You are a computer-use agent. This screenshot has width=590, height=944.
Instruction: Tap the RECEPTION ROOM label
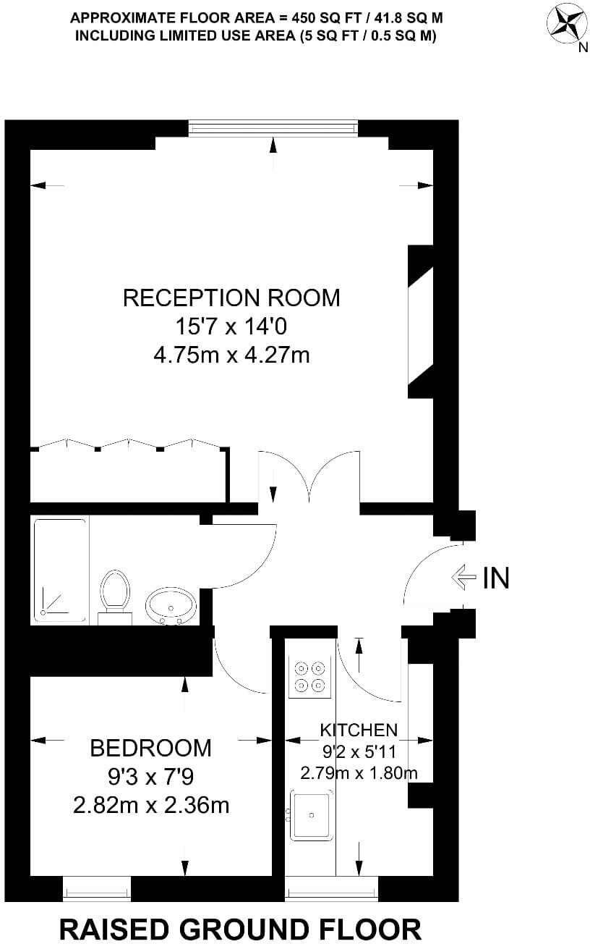[x=231, y=298]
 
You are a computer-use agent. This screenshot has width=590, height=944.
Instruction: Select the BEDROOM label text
[x=151, y=748]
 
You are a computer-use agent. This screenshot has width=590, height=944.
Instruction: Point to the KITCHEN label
[x=359, y=729]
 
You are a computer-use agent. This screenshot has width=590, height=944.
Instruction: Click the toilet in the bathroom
[x=115, y=593]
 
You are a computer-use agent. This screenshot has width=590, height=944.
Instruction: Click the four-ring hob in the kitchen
[x=309, y=676]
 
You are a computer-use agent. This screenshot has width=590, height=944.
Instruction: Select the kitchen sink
[x=312, y=815]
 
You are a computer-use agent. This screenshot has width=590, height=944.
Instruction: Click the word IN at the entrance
[x=496, y=578]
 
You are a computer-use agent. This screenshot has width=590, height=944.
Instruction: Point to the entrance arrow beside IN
[x=463, y=577]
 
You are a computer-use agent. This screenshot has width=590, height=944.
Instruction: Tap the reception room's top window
[x=273, y=128]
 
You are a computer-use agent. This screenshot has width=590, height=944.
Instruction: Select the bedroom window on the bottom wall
[x=97, y=888]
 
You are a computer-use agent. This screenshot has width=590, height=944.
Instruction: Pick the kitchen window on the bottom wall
[x=332, y=888]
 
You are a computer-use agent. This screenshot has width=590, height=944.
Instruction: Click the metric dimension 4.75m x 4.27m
[x=231, y=355]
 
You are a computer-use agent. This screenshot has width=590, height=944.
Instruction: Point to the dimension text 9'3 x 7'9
[x=150, y=776]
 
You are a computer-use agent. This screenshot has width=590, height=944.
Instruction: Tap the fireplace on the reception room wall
[x=421, y=321]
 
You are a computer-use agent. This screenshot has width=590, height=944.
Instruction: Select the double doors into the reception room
[x=309, y=478]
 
